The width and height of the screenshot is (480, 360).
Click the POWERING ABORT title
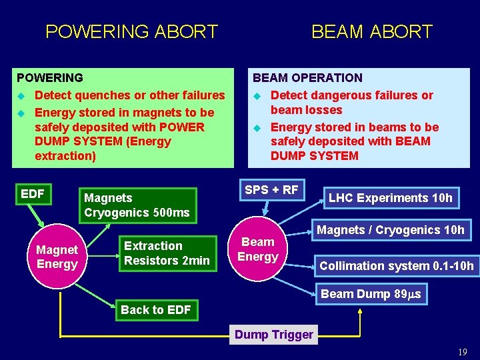click(131, 31)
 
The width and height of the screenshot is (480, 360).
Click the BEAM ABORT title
click(372, 31)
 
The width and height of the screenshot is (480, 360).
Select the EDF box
click(33, 195)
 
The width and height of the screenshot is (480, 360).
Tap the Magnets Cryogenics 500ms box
click(137, 205)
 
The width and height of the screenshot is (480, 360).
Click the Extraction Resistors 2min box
click(167, 253)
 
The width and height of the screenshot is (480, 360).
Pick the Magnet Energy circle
click(57, 257)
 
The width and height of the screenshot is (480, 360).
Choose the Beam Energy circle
click(258, 249)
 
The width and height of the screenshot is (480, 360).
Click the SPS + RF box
click(271, 190)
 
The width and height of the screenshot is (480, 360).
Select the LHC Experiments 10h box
click(391, 198)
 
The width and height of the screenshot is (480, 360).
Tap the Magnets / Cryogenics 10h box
click(391, 230)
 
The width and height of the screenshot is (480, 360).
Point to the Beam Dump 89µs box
click(371, 294)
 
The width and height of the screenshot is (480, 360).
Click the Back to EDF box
click(156, 310)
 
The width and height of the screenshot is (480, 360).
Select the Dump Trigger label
click(274, 335)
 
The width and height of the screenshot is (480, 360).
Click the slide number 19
click(463, 352)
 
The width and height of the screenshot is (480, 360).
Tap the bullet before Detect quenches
click(21, 96)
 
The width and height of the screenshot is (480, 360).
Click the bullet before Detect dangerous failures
click(257, 96)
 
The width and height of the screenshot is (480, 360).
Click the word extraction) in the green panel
click(65, 156)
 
